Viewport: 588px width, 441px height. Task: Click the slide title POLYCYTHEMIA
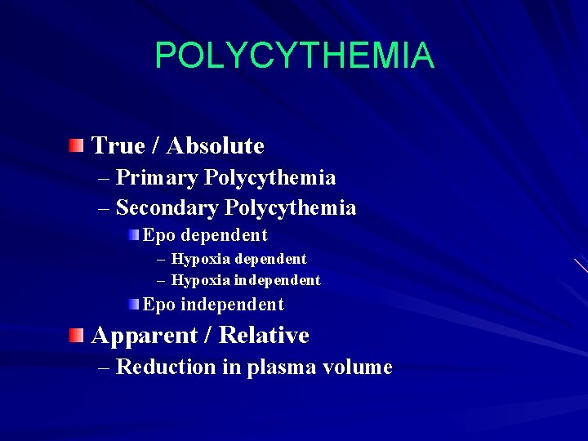point(294,56)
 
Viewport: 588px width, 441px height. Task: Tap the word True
point(118,146)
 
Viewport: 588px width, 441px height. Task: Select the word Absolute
point(216,146)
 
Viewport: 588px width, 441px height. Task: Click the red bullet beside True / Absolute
point(76,146)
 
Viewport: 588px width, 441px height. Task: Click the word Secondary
point(167,208)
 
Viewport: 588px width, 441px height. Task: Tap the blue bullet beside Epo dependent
point(134,235)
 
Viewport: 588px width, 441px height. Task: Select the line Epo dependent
point(205,235)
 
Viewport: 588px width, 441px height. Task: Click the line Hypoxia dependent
point(238,259)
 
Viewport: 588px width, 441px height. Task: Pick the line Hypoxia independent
point(246,280)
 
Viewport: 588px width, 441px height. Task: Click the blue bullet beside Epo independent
point(134,305)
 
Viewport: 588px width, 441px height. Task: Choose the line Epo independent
point(213,305)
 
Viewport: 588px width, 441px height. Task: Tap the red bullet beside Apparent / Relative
point(76,335)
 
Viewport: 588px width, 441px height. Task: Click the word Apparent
point(142,336)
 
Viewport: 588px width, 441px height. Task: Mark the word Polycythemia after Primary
point(270,178)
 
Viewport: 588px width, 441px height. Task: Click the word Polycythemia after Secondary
point(291,208)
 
